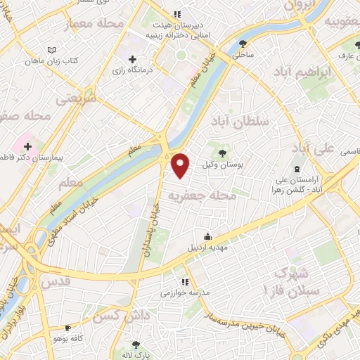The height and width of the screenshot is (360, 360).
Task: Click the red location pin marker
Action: coord(181,165)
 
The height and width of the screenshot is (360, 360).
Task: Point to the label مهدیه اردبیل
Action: coord(207,248)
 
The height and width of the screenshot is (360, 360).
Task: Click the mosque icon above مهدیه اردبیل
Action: coord(207,236)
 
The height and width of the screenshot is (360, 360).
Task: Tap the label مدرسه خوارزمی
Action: coord(184,293)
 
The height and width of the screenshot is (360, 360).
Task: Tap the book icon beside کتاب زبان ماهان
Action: coord(50,50)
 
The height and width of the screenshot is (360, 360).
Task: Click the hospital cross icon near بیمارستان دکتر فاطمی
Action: coord(27,148)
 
